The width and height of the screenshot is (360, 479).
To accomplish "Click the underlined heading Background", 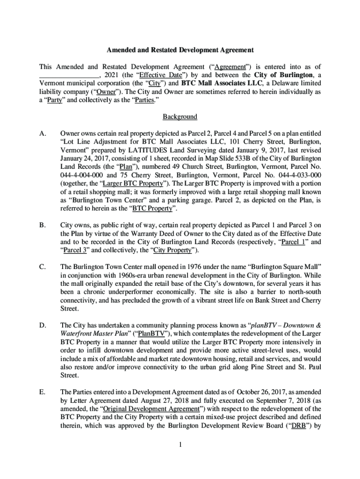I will (180, 116).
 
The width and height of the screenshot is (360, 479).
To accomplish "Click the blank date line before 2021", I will (69, 75).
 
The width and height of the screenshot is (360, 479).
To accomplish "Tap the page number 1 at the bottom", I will (180, 444).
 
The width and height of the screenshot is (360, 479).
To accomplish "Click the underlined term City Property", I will (173, 250).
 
